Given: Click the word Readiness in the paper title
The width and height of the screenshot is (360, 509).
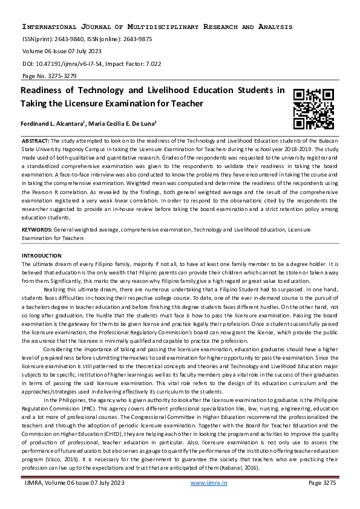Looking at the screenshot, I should (x=44, y=91).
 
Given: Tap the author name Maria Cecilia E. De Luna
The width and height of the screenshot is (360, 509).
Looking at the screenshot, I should (x=123, y=124).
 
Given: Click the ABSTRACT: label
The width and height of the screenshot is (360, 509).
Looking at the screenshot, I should (x=37, y=140).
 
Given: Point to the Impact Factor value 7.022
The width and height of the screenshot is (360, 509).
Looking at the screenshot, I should (x=145, y=63).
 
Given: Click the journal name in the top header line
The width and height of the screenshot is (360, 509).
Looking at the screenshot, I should (x=157, y=27).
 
